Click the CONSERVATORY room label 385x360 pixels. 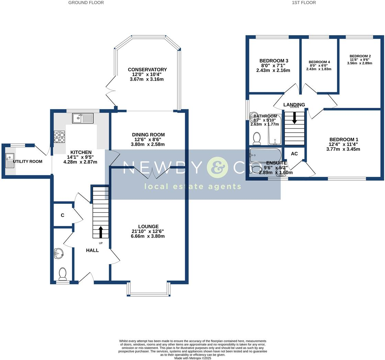coord(147,69)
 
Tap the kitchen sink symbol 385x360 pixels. coord(82,119)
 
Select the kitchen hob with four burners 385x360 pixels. coord(59,137)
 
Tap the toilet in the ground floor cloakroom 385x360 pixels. coord(62,274)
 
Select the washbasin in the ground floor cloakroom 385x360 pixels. coord(59,254)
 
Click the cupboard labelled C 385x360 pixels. coord(62,215)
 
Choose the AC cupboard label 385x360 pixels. coord(294,154)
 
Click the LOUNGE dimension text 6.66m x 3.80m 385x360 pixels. coord(148,236)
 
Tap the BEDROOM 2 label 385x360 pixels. coord(360,56)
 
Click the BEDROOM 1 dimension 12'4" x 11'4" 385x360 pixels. coord(343,144)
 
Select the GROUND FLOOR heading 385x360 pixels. coord(86,3)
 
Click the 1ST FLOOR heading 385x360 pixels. coord(304,3)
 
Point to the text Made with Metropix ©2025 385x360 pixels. coord(192,358)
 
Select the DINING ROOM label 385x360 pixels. coord(148,135)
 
